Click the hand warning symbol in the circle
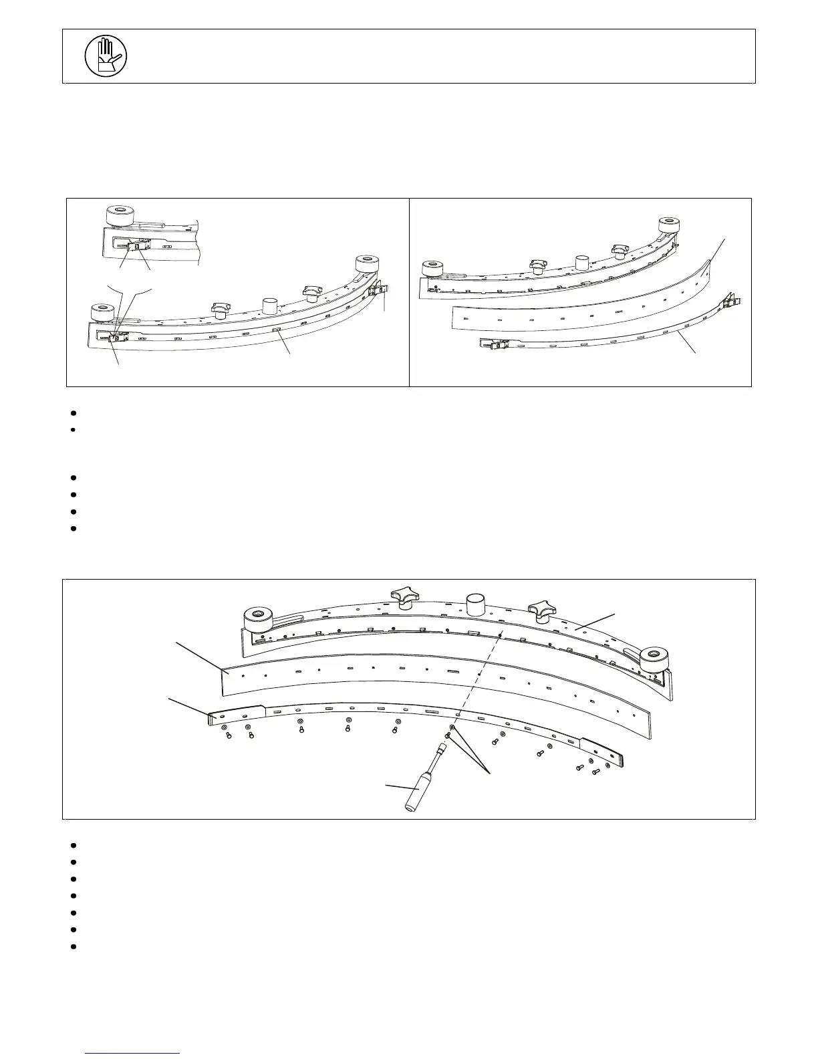[x=106, y=55]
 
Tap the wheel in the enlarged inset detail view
[x=120, y=215]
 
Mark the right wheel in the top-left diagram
[x=367, y=263]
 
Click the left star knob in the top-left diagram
[x=220, y=310]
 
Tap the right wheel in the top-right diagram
[x=669, y=225]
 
